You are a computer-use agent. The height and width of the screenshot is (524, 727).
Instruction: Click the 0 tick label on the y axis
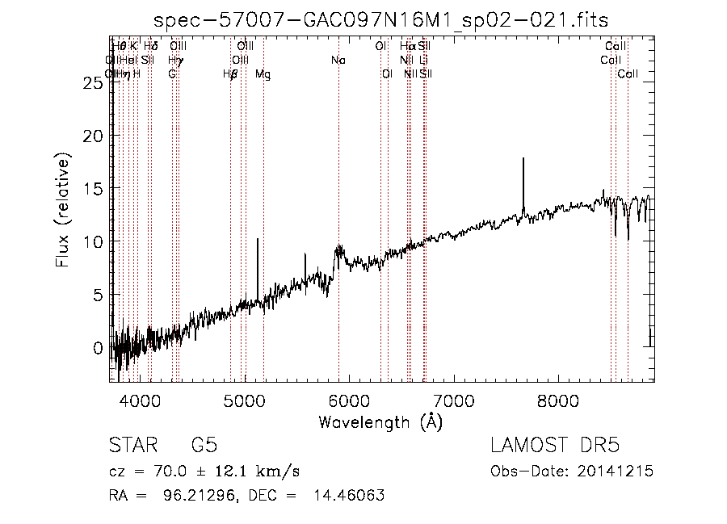tap(99, 348)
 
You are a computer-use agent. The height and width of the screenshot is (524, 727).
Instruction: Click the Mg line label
tap(263, 74)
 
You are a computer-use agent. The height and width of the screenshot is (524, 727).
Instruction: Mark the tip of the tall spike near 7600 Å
tap(523, 158)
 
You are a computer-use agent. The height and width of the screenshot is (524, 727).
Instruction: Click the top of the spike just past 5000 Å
tap(258, 239)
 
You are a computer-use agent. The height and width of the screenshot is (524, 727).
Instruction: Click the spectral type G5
tap(204, 446)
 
